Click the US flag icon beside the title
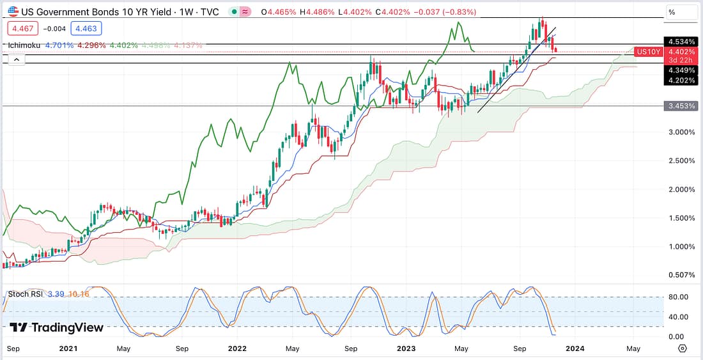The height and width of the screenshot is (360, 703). [13, 12]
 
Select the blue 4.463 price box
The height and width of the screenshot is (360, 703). [84, 29]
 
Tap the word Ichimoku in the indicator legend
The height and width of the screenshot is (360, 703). [24, 45]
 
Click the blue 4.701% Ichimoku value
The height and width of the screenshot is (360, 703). [59, 45]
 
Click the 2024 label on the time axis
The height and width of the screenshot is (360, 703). [575, 348]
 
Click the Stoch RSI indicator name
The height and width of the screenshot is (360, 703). [26, 294]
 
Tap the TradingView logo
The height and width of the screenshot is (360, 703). [57, 327]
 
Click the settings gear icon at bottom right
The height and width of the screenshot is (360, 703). [682, 348]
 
